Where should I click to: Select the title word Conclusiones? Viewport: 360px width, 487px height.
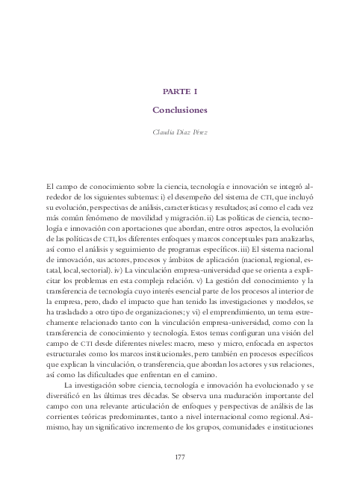[x=179, y=110]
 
